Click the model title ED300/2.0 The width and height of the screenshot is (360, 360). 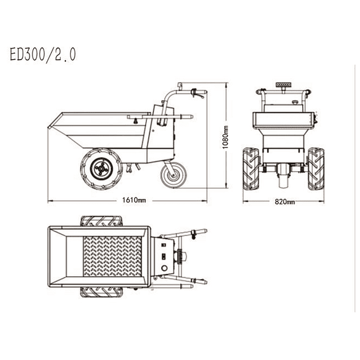click(42, 55)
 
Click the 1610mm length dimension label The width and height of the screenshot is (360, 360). click(134, 200)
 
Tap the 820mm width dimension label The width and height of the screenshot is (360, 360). click(284, 201)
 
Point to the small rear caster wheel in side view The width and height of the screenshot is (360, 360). click(173, 175)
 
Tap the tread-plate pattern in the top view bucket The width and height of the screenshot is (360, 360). click(112, 257)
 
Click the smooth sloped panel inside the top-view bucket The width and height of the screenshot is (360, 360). click(65, 257)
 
